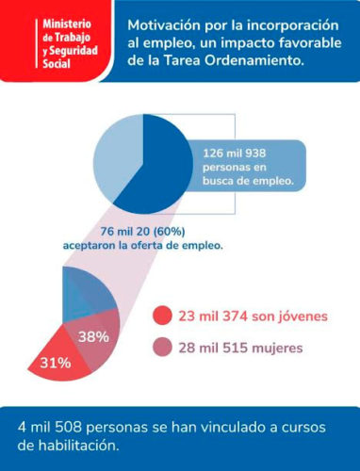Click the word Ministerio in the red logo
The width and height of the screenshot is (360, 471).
67,24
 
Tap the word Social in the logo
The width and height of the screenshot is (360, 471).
57,64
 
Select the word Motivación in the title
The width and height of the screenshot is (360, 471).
164,25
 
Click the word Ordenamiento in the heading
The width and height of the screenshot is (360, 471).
254,60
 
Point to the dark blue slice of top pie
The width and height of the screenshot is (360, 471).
163,170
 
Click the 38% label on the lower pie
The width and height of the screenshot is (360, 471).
93,337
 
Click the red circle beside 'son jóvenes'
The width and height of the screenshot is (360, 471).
162,316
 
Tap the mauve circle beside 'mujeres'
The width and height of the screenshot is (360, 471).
162,348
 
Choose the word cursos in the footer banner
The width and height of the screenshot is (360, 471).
303,428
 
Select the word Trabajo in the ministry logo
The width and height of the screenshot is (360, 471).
73,38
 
